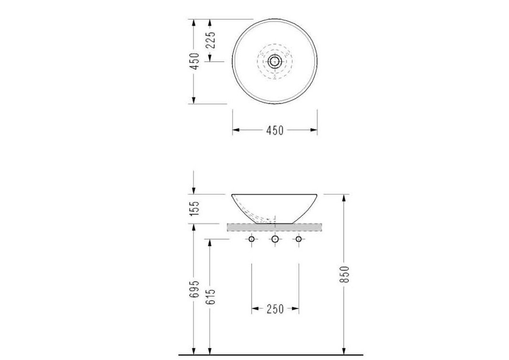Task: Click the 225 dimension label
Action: point(211,40)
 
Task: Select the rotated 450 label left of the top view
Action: point(194,61)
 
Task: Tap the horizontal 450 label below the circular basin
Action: point(275,130)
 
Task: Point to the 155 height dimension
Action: point(194,209)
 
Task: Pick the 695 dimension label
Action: point(194,289)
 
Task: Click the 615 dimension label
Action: point(211,296)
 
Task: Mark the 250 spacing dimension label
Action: point(276,309)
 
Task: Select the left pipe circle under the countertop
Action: point(252,239)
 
